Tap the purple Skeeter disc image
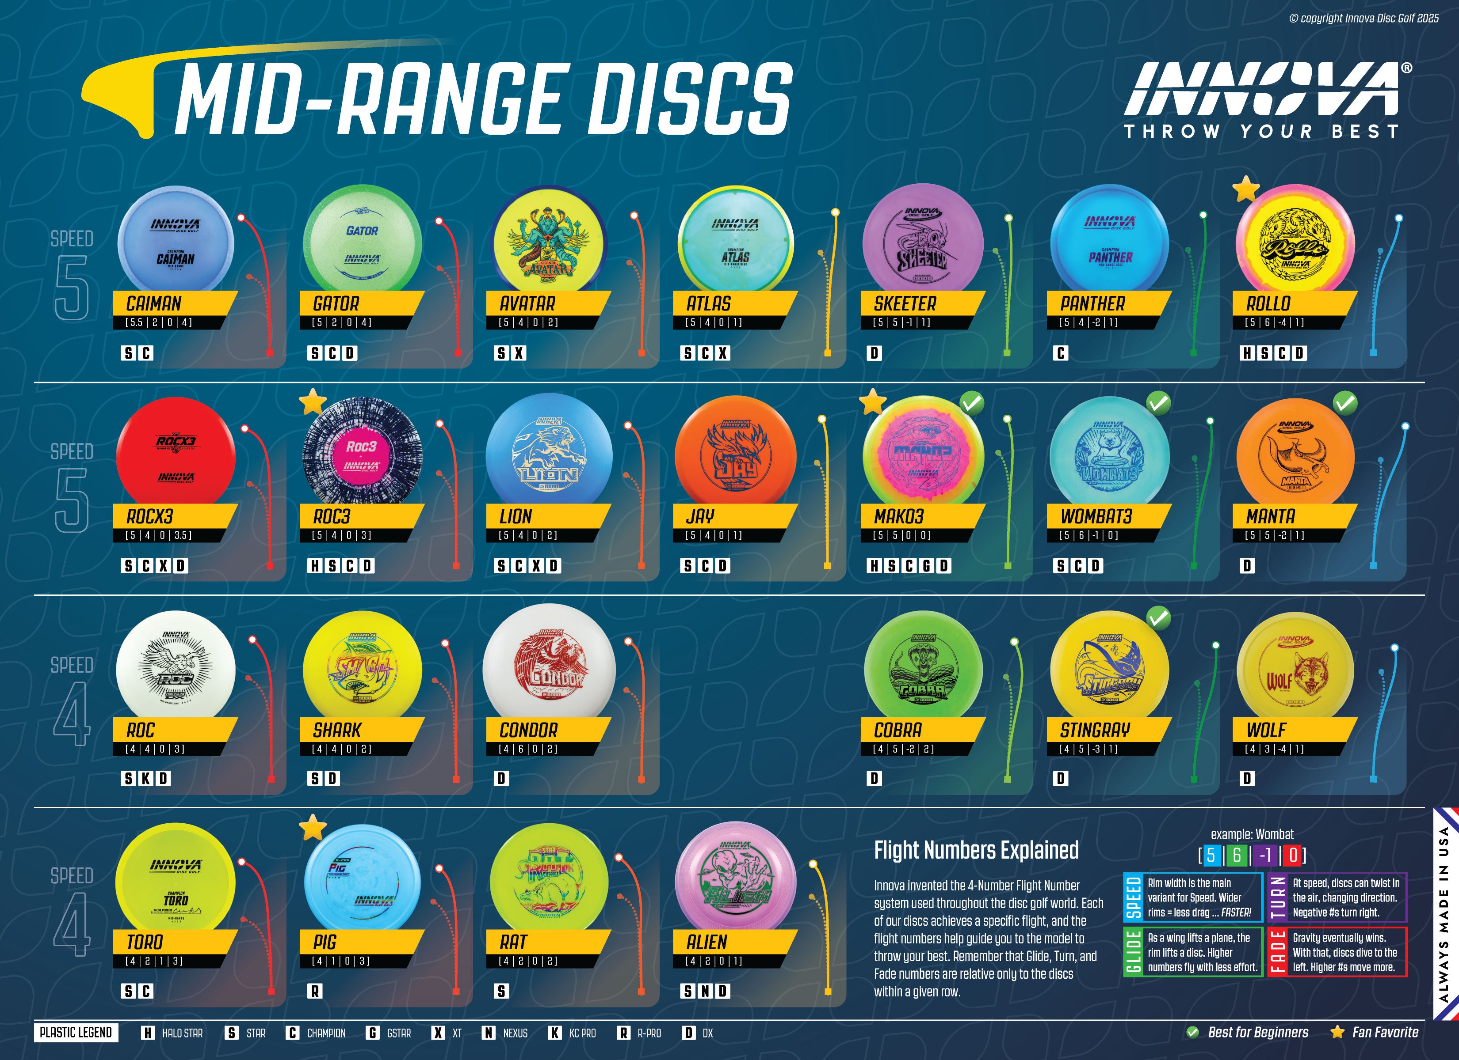click(x=923, y=242)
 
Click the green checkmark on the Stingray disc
click(x=1158, y=618)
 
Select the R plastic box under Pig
click(x=315, y=991)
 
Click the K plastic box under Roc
click(x=146, y=778)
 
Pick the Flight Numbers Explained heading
click(x=976, y=850)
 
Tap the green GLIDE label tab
click(x=1132, y=951)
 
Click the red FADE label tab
click(x=1276, y=951)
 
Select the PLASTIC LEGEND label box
click(x=76, y=1032)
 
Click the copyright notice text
click(x=1364, y=19)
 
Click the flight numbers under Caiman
click(x=159, y=322)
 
